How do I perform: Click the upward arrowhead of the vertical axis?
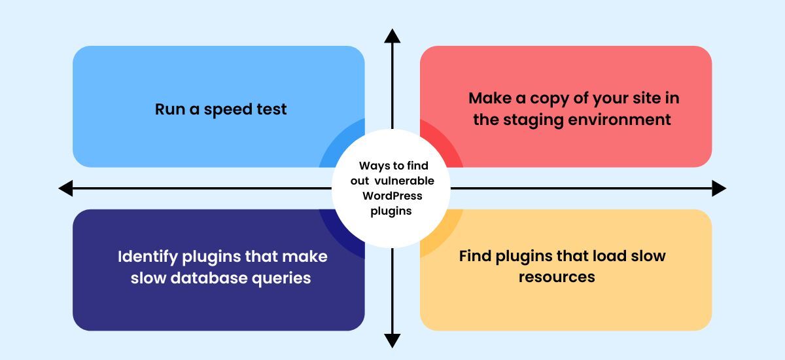coord(392,37)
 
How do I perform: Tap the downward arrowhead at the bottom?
coord(392,340)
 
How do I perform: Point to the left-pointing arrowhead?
coord(66,189)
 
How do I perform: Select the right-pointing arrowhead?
coord(718,189)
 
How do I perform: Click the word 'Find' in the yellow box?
coord(474,256)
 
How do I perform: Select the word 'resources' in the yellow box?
coord(557,277)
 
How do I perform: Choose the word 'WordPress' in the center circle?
coord(392,196)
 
